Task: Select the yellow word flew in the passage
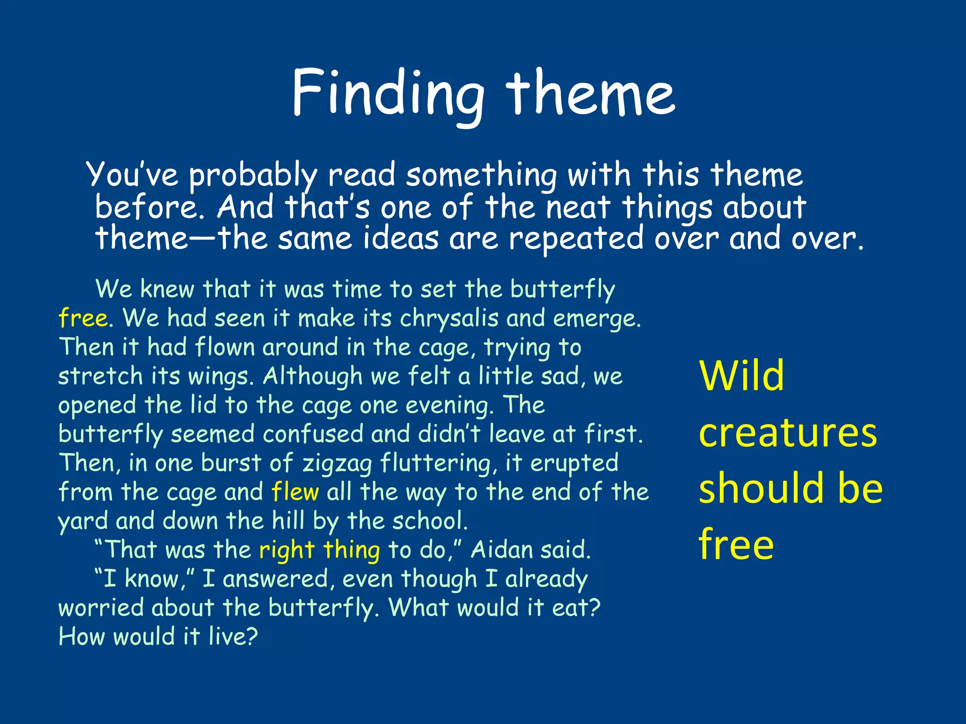pos(295,492)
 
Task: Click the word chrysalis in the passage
pos(449,319)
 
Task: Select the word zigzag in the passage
pos(337,463)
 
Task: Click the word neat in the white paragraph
pos(578,207)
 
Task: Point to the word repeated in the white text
pos(576,239)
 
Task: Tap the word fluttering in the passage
pos(436,463)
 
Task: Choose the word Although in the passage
pos(312,377)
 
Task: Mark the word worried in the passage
pos(101,608)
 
